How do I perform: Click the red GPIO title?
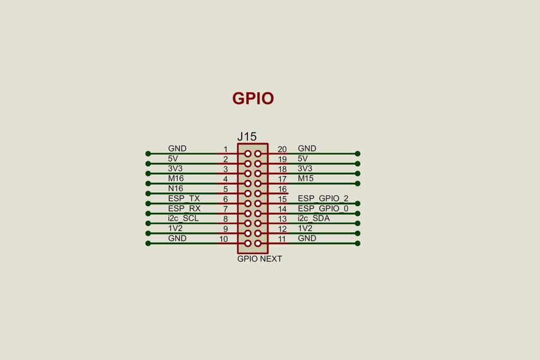(253, 98)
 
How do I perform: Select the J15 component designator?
(247, 137)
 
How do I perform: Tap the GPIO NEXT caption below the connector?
(259, 259)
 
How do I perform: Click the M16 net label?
(175, 178)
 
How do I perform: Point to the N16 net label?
(175, 188)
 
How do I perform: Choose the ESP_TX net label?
(184, 199)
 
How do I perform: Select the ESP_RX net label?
(184, 209)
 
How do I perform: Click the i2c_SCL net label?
(183, 218)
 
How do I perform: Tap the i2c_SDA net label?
(314, 218)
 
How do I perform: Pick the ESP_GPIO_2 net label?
(323, 199)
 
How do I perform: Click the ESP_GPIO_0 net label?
(323, 209)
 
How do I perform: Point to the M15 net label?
(306, 178)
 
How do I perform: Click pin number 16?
(282, 189)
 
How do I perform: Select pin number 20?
(282, 149)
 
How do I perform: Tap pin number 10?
(223, 239)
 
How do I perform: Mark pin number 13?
(282, 219)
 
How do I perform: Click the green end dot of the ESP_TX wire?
(148, 203)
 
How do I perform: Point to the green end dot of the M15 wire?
(358, 183)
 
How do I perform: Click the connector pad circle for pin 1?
(247, 154)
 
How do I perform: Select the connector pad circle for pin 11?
(258, 244)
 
